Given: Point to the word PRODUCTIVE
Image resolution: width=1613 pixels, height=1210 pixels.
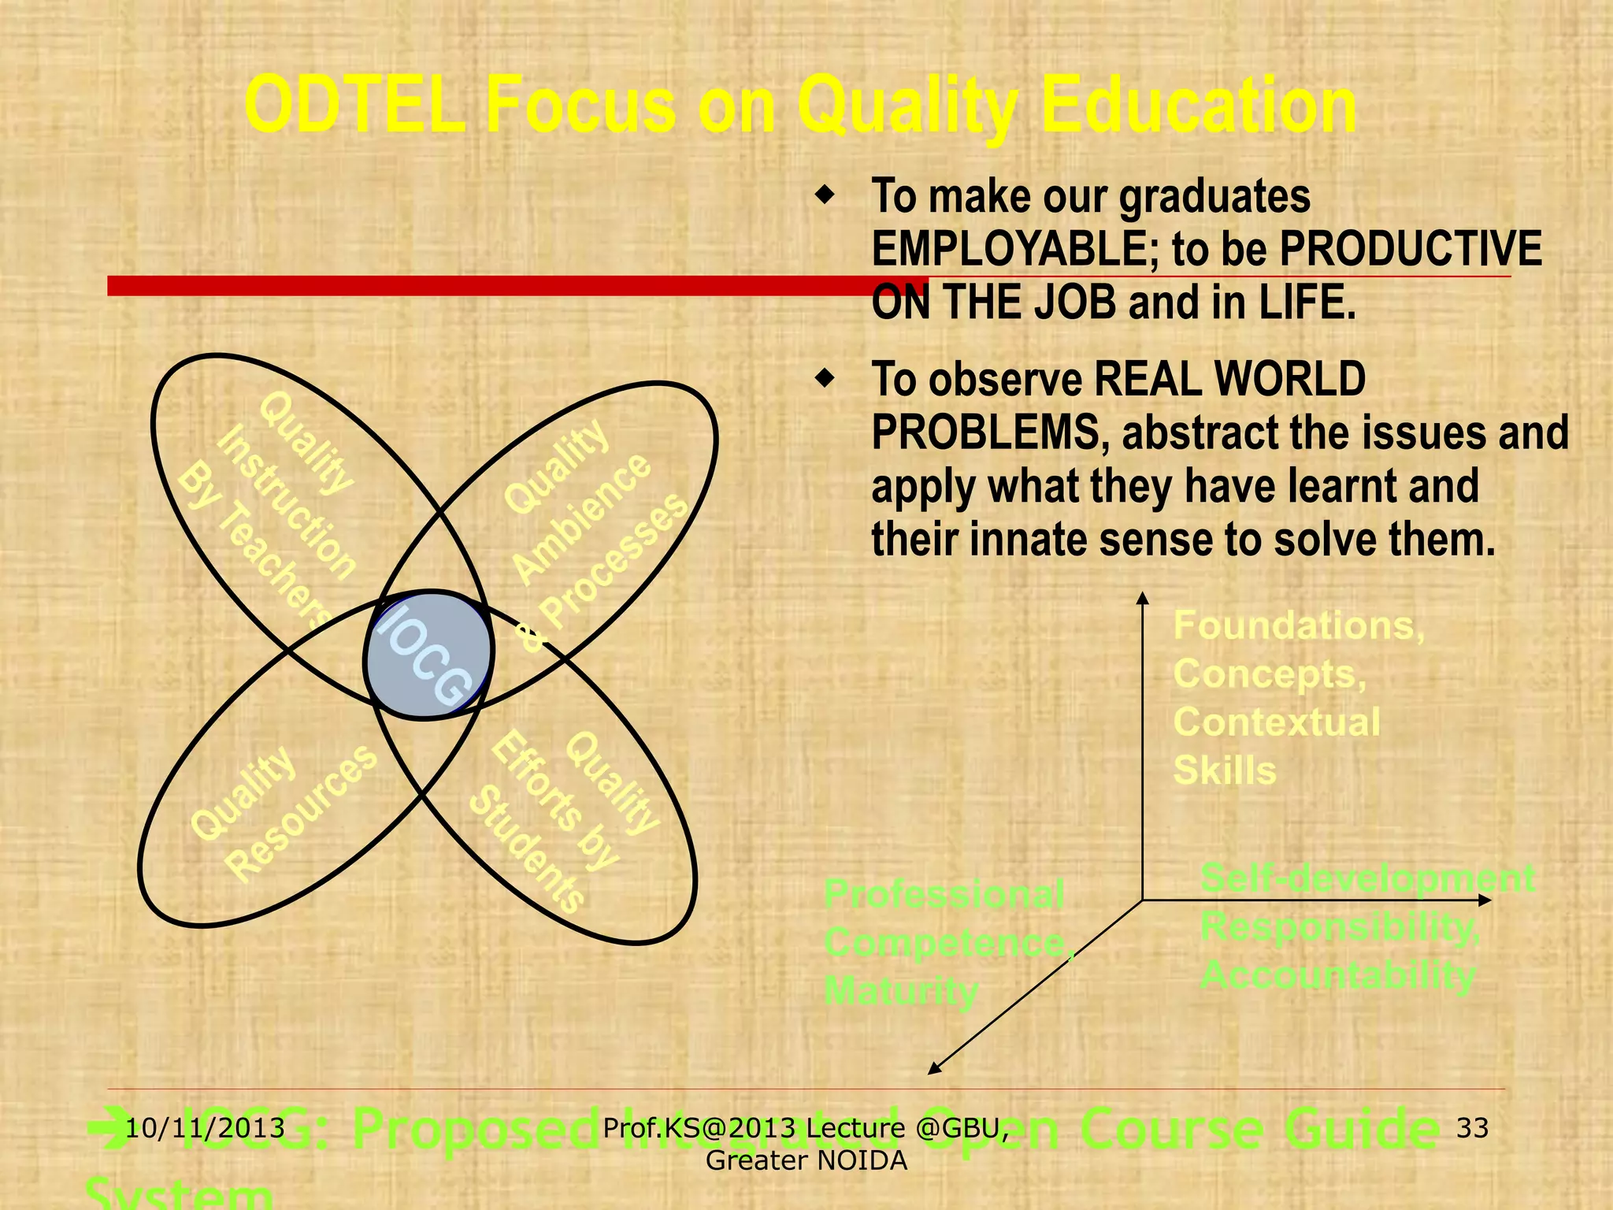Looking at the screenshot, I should (x=1411, y=250).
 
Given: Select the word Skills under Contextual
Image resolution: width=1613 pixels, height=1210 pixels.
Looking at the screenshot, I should (x=1225, y=770).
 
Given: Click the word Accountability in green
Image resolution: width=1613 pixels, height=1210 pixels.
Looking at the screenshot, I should (x=1337, y=975).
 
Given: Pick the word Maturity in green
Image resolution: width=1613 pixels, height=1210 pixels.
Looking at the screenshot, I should (x=901, y=990).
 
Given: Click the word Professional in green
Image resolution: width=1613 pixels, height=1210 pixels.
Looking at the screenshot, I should (x=944, y=894).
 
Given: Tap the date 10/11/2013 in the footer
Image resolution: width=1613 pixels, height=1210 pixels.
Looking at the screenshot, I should (x=206, y=1128).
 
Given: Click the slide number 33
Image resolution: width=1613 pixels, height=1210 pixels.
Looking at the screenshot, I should (x=1472, y=1128).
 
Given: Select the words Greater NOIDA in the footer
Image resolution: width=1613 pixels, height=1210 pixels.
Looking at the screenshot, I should (x=806, y=1160).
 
